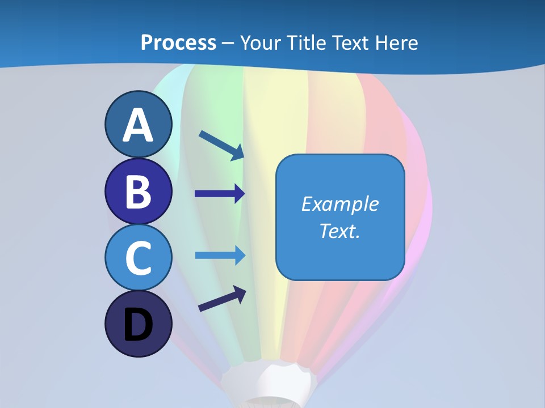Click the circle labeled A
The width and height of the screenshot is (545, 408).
point(139,124)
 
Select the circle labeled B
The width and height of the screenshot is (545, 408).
point(139,191)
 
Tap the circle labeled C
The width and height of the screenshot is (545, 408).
point(139,258)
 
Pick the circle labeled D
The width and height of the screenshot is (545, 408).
point(139,324)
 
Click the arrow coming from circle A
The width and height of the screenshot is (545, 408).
point(221,145)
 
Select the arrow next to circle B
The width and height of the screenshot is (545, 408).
point(220,194)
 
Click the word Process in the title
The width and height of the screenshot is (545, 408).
point(178,42)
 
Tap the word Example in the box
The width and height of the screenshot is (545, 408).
point(340,204)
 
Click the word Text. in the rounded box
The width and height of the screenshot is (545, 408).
point(340,231)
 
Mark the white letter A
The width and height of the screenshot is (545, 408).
point(139,125)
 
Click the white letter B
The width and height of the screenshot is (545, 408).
point(139,192)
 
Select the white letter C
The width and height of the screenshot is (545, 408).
point(139,258)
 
